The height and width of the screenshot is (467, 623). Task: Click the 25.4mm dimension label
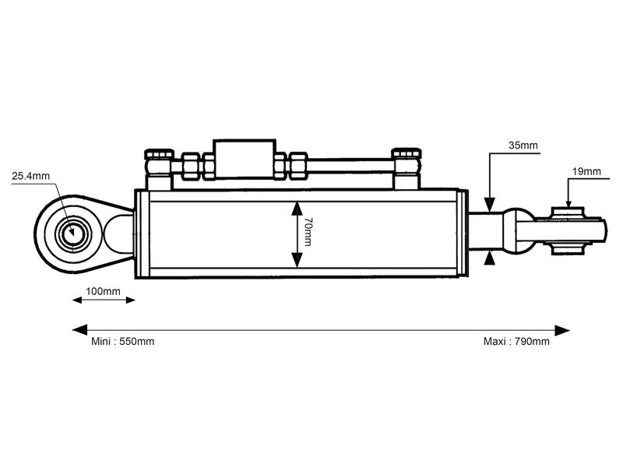tap(30, 176)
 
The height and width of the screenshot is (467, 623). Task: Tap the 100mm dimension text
tap(103, 291)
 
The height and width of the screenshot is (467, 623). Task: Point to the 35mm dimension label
tap(523, 145)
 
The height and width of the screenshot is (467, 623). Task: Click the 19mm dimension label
tap(586, 170)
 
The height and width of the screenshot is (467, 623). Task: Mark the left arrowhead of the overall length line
tap(78, 330)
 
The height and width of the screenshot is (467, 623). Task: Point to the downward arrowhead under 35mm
tap(489, 205)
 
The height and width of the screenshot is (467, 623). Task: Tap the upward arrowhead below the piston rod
tap(489, 258)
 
